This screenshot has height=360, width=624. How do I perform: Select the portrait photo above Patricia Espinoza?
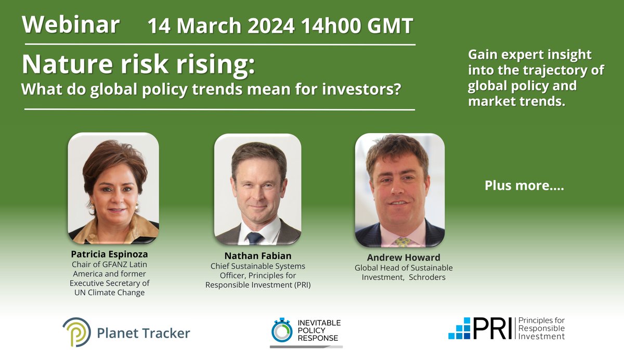pos(113,188)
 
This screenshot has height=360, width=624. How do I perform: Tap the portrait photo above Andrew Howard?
pos(399,190)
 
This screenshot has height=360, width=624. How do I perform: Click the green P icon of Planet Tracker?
pos(76,331)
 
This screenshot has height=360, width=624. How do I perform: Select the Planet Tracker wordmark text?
pos(143,332)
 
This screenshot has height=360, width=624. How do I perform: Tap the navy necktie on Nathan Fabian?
pos(255,238)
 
